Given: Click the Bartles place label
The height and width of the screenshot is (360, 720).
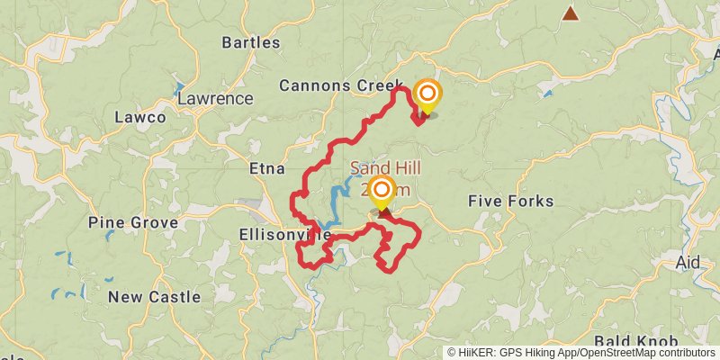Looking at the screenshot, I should [250, 42].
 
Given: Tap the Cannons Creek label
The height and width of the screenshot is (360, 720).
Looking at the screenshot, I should [340, 85].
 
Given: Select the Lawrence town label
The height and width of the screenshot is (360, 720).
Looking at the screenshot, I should [215, 98].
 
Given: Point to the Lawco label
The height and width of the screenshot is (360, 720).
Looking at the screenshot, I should [140, 117].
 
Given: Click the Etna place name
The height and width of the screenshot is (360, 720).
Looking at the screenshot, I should [266, 168].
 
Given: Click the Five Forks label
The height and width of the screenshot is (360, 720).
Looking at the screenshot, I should [510, 201].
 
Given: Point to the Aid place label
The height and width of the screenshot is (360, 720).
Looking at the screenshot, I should [687, 263].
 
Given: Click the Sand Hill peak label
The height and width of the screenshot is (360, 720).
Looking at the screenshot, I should [385, 168].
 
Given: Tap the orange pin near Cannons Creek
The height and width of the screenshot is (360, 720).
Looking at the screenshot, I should [427, 95].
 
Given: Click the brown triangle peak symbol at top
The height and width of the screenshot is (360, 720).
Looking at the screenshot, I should [570, 13].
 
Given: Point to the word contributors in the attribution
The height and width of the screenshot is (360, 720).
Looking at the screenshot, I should [682, 353].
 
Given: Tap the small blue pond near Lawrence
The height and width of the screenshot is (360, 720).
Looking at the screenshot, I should [178, 92].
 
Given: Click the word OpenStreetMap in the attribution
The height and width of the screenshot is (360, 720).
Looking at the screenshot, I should [606, 353].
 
